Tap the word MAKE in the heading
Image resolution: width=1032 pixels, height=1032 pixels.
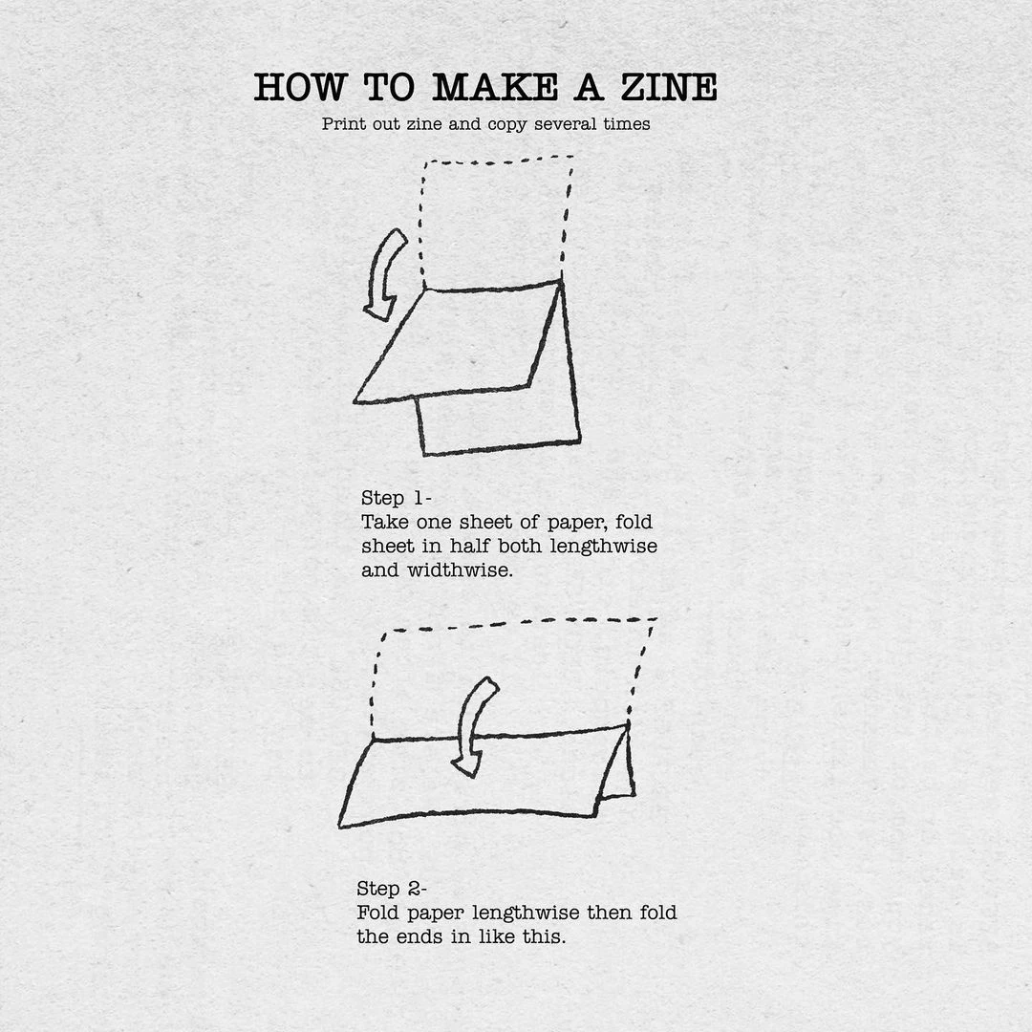tap(495, 87)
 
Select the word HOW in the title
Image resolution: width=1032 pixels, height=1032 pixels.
tap(300, 87)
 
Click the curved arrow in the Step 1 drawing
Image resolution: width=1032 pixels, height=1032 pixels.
tap(384, 274)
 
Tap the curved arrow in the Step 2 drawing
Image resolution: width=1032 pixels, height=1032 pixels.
tap(474, 726)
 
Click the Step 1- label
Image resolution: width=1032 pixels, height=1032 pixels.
tap(397, 498)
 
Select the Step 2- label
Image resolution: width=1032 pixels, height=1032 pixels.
tap(392, 889)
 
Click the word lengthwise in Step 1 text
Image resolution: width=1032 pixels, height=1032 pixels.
tap(604, 547)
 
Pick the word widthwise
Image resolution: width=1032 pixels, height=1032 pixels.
tap(460, 570)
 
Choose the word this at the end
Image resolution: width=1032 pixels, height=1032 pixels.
tap(544, 936)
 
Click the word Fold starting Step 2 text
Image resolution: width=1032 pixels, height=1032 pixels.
tap(378, 913)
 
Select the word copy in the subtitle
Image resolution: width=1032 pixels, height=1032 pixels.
tap(506, 125)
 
